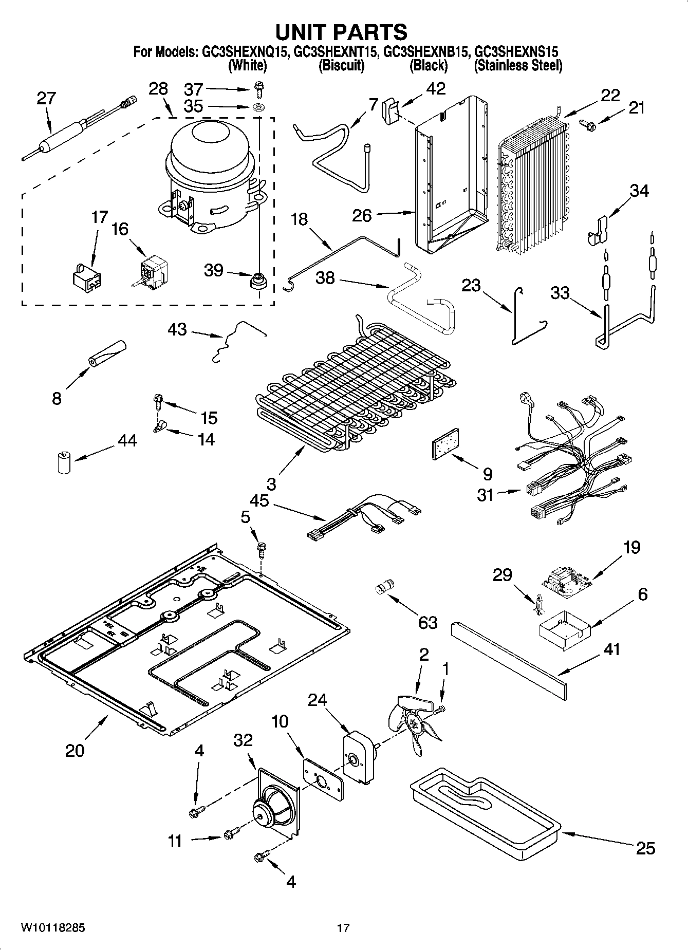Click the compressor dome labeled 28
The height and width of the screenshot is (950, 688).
point(210,170)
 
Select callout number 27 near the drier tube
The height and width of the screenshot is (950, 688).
point(46,98)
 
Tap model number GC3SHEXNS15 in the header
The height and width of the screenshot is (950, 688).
point(516,51)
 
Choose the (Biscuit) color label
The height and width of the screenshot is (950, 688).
point(341,65)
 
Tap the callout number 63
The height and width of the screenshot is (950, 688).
point(427,622)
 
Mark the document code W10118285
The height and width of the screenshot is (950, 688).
point(52,927)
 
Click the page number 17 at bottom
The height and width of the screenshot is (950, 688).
point(343,928)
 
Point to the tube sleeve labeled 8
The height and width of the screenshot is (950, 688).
point(107,353)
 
